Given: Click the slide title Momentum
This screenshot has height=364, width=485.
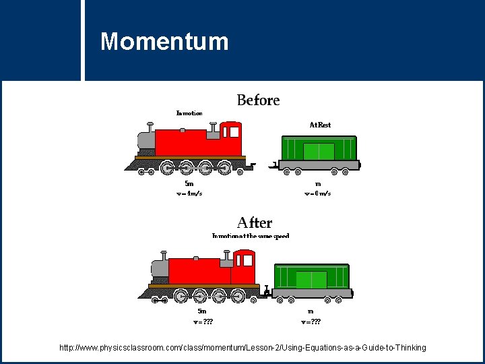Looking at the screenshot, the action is coord(164,42).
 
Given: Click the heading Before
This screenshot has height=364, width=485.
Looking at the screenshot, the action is coord(258,100).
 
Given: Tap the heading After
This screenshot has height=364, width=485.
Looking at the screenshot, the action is coord(255,222).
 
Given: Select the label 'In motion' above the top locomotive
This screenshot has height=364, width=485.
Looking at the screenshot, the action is coord(189,113).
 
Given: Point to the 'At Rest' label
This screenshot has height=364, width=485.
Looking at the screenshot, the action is coord(320,125).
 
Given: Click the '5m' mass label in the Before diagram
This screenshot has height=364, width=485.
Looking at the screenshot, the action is coord(189,183).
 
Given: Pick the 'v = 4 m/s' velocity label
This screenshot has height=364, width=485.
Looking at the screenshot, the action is coord(189,193).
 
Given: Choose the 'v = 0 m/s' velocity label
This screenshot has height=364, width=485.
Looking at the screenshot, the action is coord(317,193).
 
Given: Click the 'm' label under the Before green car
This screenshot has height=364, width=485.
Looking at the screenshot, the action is coord(317,183).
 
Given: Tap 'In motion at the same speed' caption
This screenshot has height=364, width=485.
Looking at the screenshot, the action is coord(251,236).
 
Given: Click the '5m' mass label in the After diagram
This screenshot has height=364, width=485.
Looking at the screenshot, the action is coord(201,311).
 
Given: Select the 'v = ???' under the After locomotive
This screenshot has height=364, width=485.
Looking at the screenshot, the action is coord(203,322).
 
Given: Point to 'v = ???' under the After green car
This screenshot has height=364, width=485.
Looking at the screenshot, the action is coord(311,322).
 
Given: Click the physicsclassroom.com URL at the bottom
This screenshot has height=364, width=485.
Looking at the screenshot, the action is coord(243,348).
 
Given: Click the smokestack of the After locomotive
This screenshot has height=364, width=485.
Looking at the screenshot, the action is coord(164,256).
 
